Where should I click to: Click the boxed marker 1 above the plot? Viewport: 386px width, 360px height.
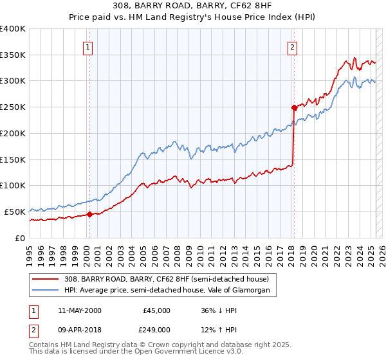click(87, 46)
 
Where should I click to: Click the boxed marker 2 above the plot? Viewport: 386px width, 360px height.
click(292, 46)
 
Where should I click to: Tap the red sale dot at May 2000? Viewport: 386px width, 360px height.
click(89, 214)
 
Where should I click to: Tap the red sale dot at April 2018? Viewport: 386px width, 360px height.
click(293, 107)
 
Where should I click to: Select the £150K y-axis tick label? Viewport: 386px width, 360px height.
click(13, 159)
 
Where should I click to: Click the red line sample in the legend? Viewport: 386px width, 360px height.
click(46, 278)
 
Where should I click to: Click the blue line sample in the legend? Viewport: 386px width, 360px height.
click(46, 291)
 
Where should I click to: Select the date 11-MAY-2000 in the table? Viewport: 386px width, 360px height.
click(80, 310)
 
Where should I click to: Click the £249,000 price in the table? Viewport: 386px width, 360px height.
click(157, 329)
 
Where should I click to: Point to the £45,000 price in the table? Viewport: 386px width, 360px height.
click(157, 310)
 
